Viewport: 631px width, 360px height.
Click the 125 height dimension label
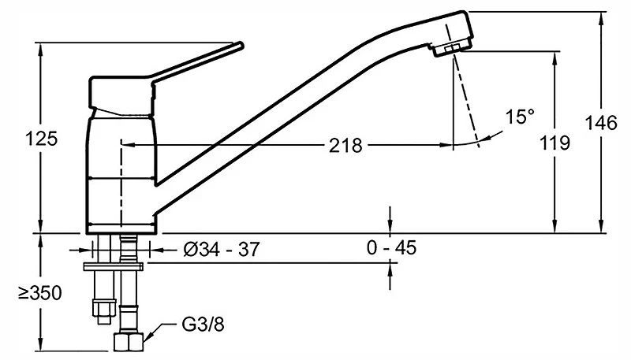click(x=42, y=139)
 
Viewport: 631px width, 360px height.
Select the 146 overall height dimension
click(x=601, y=123)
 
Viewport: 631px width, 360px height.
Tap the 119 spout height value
click(x=554, y=143)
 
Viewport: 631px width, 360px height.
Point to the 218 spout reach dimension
click(x=345, y=145)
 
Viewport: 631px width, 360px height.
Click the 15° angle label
click(x=520, y=117)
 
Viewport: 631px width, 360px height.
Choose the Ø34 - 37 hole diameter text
click(x=222, y=250)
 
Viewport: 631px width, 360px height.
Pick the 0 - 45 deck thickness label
click(x=391, y=247)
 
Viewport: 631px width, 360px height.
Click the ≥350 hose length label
click(x=40, y=293)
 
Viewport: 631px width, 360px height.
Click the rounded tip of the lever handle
click(x=241, y=45)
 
